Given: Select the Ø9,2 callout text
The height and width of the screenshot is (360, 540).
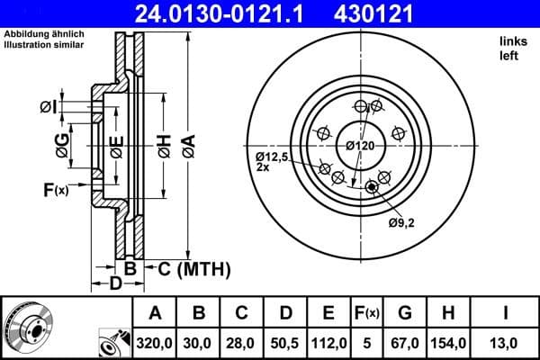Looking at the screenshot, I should point(401,222).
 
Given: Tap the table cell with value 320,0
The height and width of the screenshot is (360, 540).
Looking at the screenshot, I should point(155,343).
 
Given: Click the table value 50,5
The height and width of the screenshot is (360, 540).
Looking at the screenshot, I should point(285,343).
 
